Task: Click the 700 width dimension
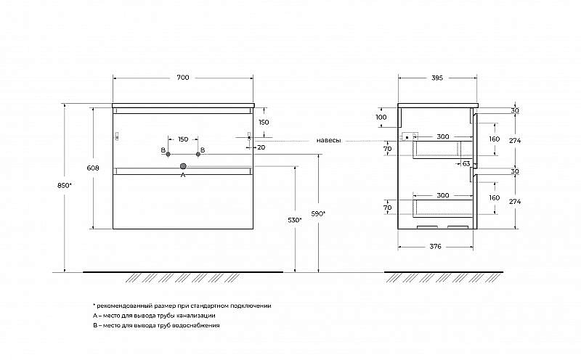[183, 78]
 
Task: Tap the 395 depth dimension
[437, 78]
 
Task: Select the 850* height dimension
[64, 186]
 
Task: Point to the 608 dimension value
[93, 168]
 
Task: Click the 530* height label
[295, 220]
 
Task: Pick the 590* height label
[318, 213]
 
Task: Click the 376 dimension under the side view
[435, 246]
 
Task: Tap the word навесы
[329, 140]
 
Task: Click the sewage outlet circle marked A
[183, 166]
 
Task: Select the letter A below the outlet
[183, 175]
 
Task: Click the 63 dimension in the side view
[466, 163]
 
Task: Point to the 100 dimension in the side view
[381, 117]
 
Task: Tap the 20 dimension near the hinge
[261, 147]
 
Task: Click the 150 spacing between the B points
[183, 139]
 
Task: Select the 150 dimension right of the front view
[264, 122]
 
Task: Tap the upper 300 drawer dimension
[443, 136]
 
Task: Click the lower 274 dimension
[515, 202]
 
